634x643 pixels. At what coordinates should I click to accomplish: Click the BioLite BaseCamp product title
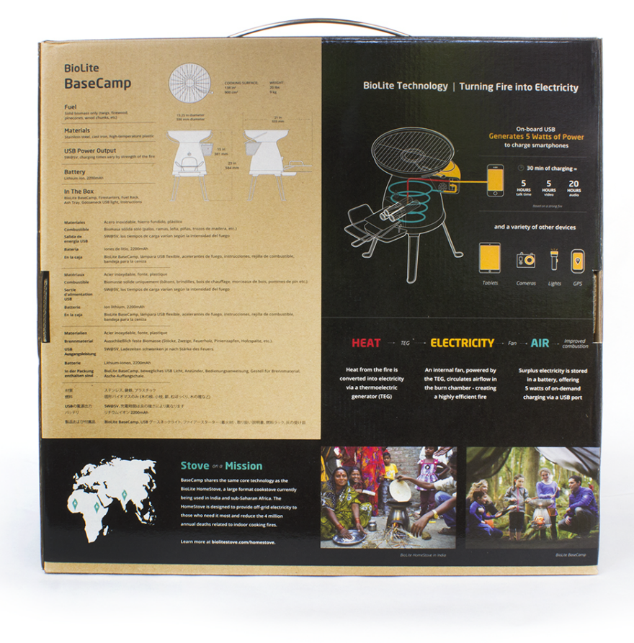point(97,76)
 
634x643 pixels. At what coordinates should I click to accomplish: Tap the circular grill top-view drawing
point(189,83)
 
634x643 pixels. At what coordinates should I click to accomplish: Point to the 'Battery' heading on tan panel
point(75,172)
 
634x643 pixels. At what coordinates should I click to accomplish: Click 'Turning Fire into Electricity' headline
point(518,87)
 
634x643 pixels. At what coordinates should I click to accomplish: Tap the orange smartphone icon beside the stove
point(495,180)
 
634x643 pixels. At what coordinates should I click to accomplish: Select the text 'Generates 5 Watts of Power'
point(536,136)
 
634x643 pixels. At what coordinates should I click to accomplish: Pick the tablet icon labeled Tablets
point(490,258)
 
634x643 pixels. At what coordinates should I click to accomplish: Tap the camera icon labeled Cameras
point(526,260)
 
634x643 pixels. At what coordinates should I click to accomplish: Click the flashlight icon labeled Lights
point(554,259)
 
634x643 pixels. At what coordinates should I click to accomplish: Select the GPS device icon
point(578,260)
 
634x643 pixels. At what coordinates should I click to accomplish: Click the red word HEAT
point(366,343)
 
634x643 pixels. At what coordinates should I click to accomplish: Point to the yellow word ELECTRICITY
point(462,343)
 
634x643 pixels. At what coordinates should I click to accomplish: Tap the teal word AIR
point(540,343)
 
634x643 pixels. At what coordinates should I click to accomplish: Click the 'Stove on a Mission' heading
point(221,466)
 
